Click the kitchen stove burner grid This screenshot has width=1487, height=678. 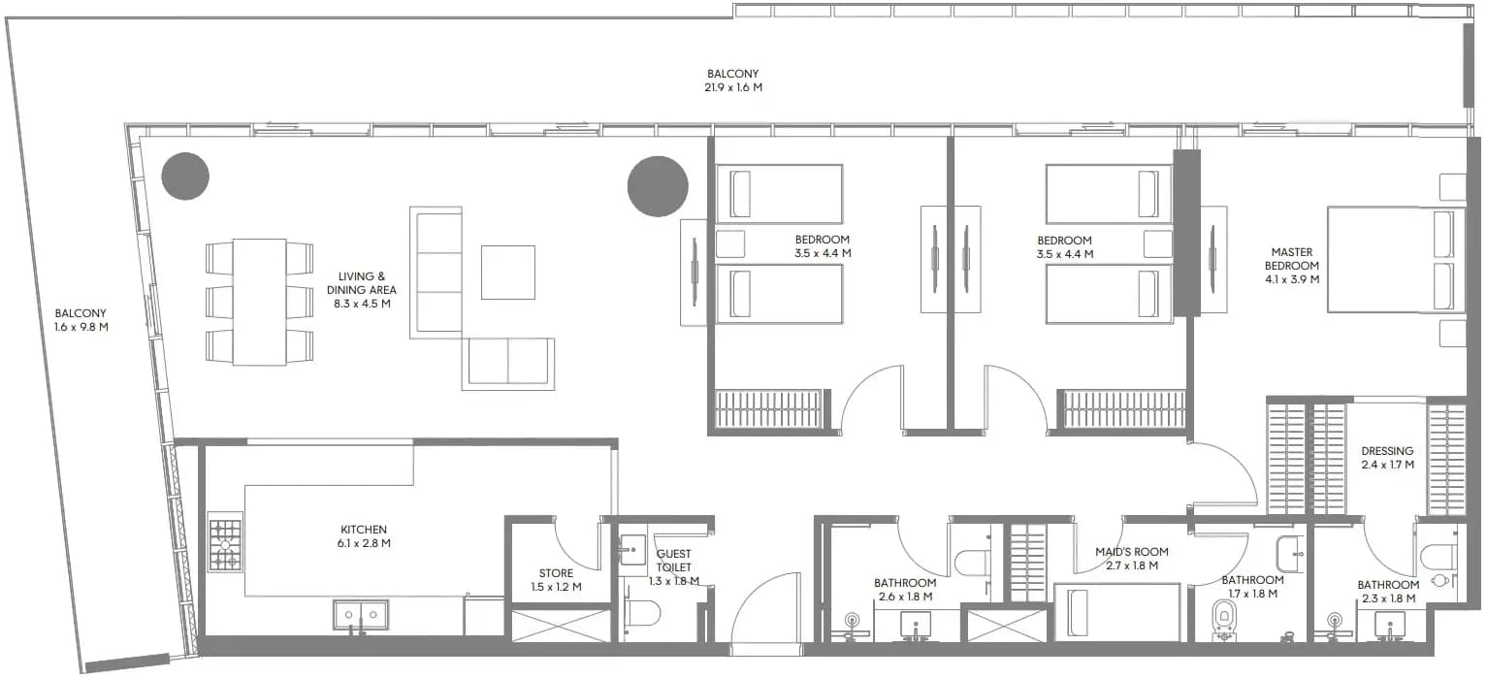[x=225, y=545]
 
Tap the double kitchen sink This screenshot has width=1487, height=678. [x=361, y=615]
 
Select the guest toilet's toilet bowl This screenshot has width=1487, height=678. [x=640, y=614]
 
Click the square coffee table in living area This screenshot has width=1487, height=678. [x=508, y=273]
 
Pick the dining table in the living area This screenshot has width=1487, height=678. [x=260, y=303]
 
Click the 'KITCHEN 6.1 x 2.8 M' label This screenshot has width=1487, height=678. [x=363, y=535]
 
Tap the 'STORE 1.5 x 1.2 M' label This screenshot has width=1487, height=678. [x=556, y=580]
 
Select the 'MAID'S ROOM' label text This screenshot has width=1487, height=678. [x=1131, y=552]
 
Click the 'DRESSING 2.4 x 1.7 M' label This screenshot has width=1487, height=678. [x=1387, y=458]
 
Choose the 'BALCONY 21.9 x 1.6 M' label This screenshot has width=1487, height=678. [x=733, y=81]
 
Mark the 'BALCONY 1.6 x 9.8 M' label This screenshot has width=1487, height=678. [x=81, y=319]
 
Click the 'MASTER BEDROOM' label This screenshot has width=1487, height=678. [x=1292, y=258]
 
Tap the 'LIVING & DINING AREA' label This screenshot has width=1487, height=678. [x=361, y=283]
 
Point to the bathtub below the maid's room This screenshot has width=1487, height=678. [x=1117, y=612]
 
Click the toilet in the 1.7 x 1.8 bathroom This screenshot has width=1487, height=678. [x=1223, y=619]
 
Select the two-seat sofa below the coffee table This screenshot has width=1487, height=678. [x=508, y=363]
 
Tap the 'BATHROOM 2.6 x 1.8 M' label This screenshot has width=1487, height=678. [x=905, y=589]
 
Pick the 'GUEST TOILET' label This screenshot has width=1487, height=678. [x=674, y=560]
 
